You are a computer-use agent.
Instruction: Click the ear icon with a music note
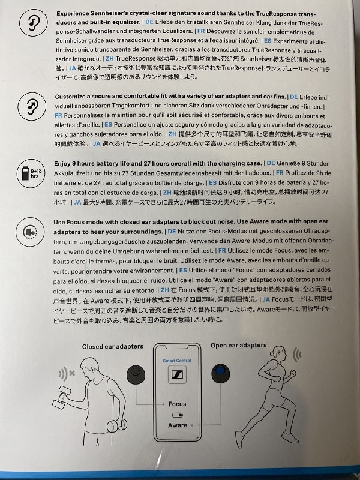coord(34,23)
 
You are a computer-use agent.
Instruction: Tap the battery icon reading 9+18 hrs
coord(31,173)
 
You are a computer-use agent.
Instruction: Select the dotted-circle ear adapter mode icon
coord(30,232)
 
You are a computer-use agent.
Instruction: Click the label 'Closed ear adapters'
coord(113,346)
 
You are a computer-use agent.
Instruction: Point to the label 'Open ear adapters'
coord(238,345)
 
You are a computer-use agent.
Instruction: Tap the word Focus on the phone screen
coord(177,404)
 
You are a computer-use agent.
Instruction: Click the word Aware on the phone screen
coord(177,425)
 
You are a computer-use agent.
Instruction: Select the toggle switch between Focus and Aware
coord(178,415)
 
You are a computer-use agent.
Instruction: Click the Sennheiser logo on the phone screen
coord(177,374)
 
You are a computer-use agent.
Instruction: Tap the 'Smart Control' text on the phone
coord(177,361)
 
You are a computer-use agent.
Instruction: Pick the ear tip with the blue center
coord(220,373)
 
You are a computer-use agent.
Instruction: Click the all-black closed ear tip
coord(136,374)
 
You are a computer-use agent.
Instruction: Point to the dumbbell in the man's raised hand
coord(62,397)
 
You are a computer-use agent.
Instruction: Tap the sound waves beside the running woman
coord(297,354)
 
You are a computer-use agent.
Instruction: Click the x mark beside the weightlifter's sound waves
coord(72,373)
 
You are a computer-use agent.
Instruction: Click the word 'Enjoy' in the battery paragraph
coord(62,163)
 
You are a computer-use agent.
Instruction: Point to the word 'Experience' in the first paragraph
coord(73,13)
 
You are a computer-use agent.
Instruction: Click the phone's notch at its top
coord(177,347)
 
